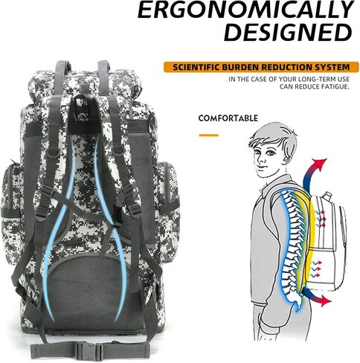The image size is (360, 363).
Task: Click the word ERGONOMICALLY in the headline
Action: point(245,10)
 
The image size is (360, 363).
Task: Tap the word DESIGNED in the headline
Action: point(288,32)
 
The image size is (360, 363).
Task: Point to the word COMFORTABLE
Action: point(228,118)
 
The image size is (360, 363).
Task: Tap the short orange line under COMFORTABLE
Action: point(209,135)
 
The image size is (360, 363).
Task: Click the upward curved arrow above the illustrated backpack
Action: point(313,175)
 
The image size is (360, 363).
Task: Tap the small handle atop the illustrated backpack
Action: point(328,195)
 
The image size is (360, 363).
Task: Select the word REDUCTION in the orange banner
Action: point(287,67)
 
